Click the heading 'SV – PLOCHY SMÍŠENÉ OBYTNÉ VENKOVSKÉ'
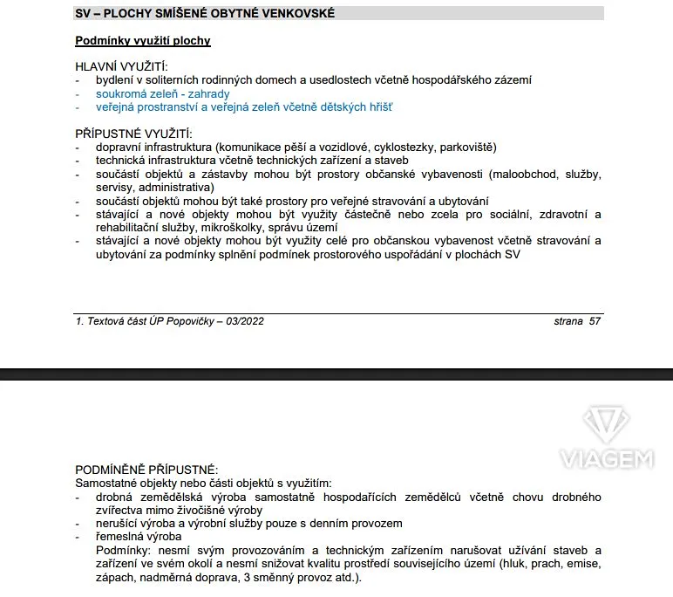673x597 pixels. (x=205, y=13)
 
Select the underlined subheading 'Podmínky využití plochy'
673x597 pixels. (x=143, y=41)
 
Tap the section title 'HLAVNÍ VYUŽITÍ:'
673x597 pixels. (x=121, y=66)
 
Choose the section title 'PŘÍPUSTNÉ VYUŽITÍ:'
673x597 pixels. (x=133, y=134)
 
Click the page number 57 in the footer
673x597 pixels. (x=595, y=321)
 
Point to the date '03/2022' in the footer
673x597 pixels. (x=244, y=321)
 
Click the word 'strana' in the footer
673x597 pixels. (x=568, y=321)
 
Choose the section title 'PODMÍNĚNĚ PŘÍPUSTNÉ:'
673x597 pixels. (x=146, y=470)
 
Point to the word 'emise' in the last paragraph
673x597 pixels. (x=584, y=565)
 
